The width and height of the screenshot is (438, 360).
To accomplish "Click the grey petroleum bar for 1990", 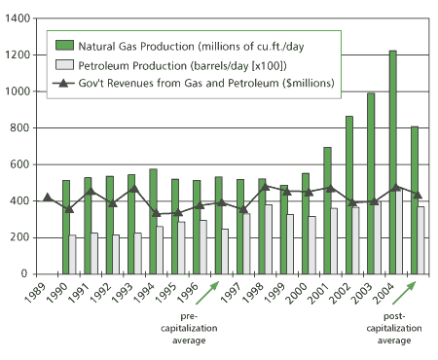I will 73,254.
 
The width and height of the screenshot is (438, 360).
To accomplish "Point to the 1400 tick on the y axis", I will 22,18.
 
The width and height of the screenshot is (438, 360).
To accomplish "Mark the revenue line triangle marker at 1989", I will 48,198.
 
